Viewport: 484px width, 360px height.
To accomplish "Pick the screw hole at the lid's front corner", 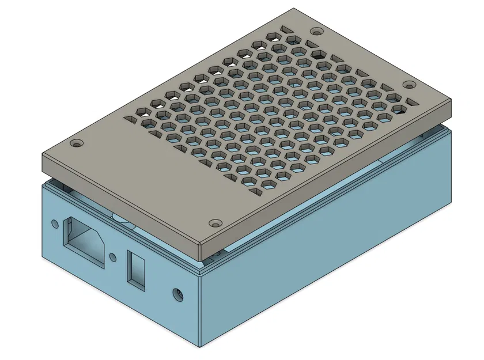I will [x=216, y=222].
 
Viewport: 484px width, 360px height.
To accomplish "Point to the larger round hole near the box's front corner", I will [x=179, y=296].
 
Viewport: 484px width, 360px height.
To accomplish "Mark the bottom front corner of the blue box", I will [x=200, y=347].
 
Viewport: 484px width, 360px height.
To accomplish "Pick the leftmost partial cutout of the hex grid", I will [x=131, y=120].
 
